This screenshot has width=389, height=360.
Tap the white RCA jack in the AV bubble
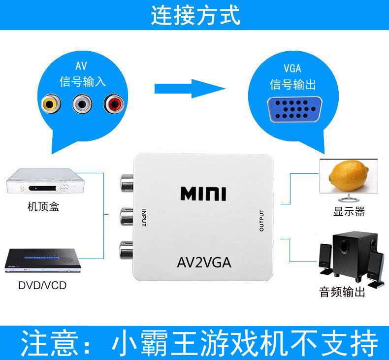[82, 104]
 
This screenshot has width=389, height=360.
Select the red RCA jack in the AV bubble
[114, 104]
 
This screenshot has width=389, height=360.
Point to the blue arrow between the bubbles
[190, 89]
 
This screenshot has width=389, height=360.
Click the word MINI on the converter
[203, 194]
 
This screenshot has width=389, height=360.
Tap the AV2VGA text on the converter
[204, 262]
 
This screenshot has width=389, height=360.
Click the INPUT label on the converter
[144, 218]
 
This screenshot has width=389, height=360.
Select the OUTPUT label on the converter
[262, 220]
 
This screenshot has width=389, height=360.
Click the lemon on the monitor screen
[347, 177]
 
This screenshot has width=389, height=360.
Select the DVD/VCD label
[42, 286]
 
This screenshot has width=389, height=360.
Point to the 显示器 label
[349, 212]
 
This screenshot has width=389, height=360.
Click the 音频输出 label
[342, 293]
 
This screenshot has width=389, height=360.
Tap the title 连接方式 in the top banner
[195, 15]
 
